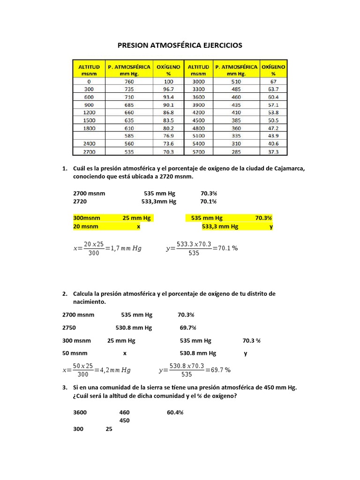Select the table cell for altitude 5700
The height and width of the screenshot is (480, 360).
(198, 152)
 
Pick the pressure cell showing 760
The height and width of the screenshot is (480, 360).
(129, 82)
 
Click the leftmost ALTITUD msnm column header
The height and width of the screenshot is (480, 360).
(89, 70)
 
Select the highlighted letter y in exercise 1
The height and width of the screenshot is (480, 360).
(271, 226)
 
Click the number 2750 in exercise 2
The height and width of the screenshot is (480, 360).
(69, 328)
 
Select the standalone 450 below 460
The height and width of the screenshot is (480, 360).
(124, 420)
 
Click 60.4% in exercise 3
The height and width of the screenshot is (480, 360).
(175, 412)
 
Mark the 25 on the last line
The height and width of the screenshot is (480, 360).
(109, 429)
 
